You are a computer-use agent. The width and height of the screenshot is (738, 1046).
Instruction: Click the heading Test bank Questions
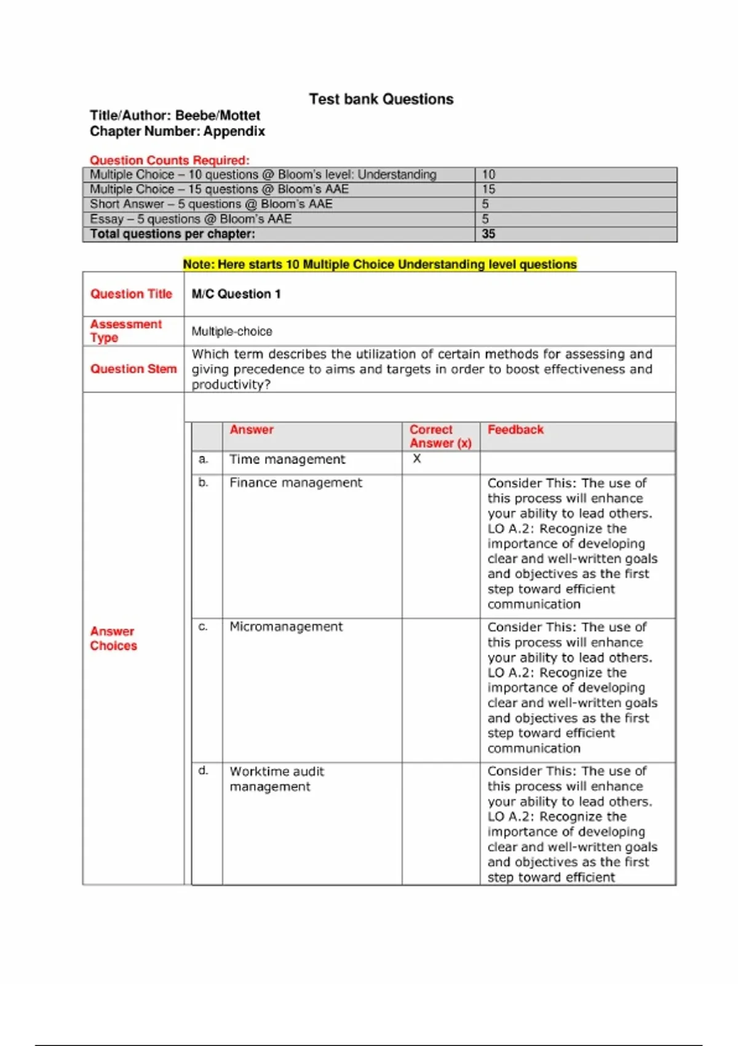[x=381, y=99]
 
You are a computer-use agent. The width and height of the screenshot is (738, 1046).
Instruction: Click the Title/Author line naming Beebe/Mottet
[x=175, y=116]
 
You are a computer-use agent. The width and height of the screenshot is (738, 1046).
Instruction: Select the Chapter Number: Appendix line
[x=177, y=131]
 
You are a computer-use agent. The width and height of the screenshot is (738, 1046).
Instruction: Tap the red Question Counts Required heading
[x=170, y=161]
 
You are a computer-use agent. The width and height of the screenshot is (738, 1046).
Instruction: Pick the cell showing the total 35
[x=489, y=234]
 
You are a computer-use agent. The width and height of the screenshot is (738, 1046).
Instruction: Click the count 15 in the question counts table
[x=489, y=190]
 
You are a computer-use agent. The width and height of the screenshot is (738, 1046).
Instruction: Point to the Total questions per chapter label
[x=172, y=234]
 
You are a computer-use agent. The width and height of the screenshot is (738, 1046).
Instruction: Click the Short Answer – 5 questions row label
[x=211, y=204]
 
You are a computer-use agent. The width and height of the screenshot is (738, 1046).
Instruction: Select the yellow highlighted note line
[x=379, y=265]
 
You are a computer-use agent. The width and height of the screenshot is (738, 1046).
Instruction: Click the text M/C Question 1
[x=236, y=294]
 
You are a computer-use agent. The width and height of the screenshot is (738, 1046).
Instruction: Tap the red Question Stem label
[x=133, y=369]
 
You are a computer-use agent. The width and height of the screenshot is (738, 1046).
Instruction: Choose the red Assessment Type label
[x=125, y=331]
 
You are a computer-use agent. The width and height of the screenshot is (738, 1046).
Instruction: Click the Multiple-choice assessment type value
[x=232, y=332]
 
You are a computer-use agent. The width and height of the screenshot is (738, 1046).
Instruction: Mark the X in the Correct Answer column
[x=417, y=459]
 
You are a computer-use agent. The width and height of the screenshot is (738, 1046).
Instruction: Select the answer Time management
[x=287, y=460]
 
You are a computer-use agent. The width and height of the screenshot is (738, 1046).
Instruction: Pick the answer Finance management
[x=296, y=483]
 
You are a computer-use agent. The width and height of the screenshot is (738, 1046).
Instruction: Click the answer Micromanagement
[x=286, y=627]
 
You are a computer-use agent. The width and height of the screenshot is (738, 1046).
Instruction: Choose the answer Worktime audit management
[x=277, y=779]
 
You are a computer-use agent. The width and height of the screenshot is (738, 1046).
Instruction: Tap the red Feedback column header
[x=515, y=430]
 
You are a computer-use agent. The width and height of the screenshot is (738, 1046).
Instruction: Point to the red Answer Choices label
[x=113, y=639]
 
